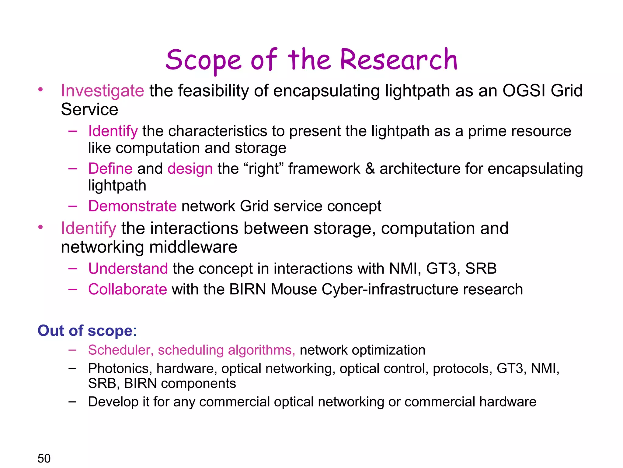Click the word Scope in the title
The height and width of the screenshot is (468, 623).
(x=204, y=60)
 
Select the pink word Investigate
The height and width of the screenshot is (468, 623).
(x=103, y=91)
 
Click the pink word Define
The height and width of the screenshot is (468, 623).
(x=110, y=168)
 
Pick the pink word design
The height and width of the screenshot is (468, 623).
(x=190, y=169)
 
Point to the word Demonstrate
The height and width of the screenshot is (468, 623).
(x=132, y=206)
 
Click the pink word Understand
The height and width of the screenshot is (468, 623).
(x=128, y=269)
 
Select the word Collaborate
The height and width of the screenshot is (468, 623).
(x=127, y=289)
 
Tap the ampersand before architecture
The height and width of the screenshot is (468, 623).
(x=370, y=168)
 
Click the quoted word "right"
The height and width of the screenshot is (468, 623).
(x=263, y=169)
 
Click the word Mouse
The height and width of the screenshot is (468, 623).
(x=294, y=289)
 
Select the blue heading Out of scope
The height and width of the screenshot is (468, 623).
(x=85, y=331)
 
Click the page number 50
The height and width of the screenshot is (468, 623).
(x=44, y=458)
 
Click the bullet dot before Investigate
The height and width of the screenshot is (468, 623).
(x=40, y=90)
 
